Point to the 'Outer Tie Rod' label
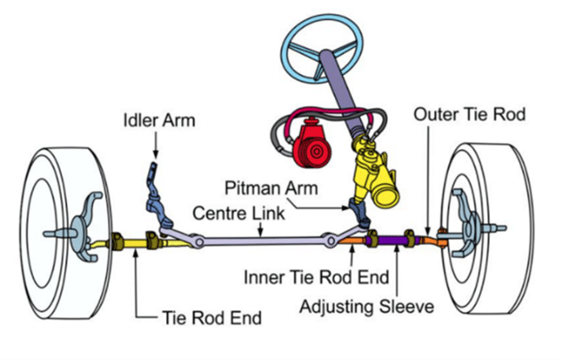coord(466,114)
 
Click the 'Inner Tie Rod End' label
coord(306,278)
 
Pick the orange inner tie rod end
coord(350,239)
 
